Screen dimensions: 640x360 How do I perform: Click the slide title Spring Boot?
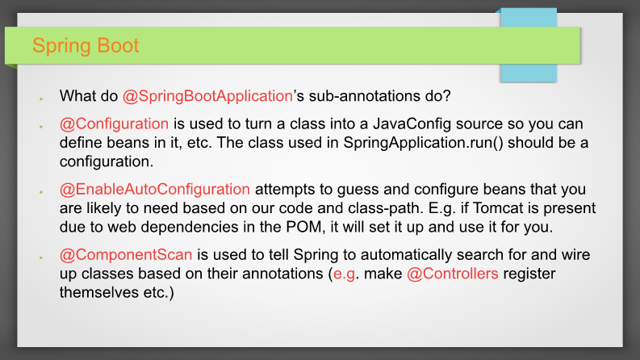click(86, 46)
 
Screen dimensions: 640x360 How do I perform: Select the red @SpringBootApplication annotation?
click(207, 96)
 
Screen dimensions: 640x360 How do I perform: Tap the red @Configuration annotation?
click(114, 123)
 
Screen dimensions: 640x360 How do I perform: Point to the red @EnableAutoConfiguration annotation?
click(155, 190)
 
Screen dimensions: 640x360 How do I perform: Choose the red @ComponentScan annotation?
click(126, 255)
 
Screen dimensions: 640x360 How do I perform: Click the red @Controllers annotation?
click(453, 274)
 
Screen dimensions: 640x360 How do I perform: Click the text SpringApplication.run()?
click(423, 143)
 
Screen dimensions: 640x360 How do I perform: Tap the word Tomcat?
click(498, 208)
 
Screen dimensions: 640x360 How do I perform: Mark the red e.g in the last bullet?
click(344, 274)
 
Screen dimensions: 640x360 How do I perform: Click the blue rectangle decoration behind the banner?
click(529, 45)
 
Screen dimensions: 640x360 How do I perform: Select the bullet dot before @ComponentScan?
click(41, 257)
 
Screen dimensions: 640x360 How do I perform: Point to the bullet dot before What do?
click(41, 98)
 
